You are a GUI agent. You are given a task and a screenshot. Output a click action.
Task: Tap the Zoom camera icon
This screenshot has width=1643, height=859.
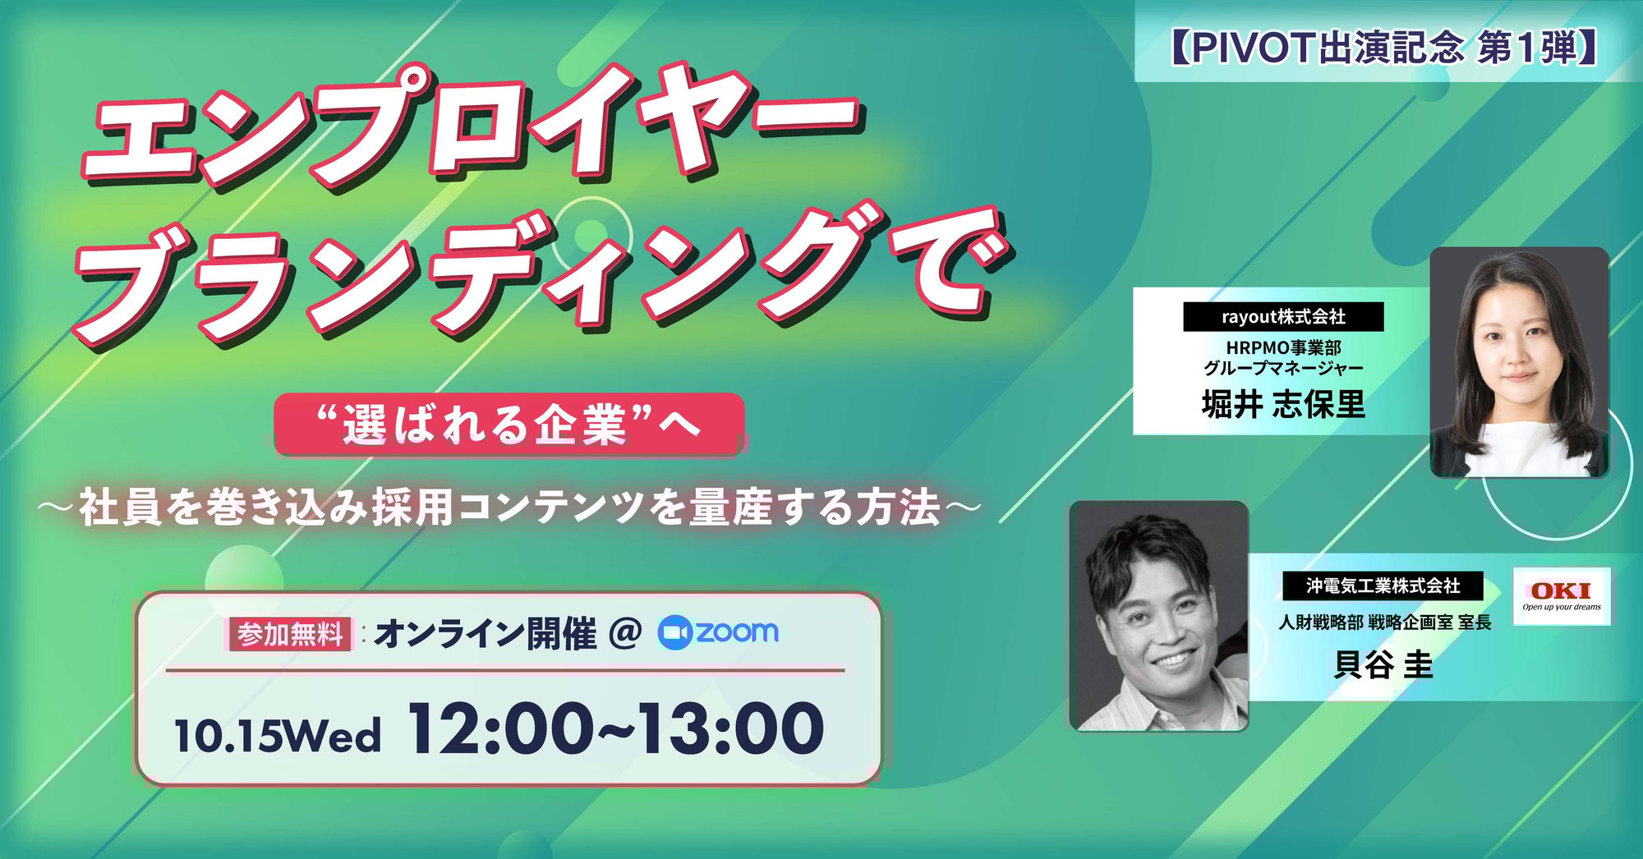click(x=674, y=632)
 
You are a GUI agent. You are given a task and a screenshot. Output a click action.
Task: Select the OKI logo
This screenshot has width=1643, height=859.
click(x=1561, y=595)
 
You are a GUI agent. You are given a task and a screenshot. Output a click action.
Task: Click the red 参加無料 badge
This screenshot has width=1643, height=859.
click(x=290, y=634)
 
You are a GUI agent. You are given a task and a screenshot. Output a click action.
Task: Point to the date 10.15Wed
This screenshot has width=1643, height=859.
click(x=278, y=735)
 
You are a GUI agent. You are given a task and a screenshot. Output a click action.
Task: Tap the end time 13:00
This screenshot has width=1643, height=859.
click(x=731, y=728)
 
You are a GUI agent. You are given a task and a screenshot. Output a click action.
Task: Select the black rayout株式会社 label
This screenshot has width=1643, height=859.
click(x=1283, y=316)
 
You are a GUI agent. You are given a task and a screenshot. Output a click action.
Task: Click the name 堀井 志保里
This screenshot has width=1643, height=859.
click(x=1283, y=404)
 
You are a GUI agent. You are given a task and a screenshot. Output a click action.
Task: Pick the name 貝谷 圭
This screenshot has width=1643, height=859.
click(x=1383, y=664)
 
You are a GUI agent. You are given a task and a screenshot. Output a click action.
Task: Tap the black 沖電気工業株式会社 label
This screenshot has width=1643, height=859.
click(x=1383, y=586)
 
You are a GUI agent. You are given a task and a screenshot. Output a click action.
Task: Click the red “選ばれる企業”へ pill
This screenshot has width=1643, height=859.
click(x=509, y=424)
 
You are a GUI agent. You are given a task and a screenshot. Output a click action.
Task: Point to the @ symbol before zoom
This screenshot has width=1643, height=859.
click(x=625, y=633)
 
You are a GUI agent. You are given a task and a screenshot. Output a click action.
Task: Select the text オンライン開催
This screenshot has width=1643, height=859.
click(x=486, y=634)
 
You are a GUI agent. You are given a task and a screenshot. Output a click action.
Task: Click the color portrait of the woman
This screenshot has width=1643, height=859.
click(x=1519, y=362)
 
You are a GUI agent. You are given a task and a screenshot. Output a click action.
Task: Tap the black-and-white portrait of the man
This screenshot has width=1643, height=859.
click(x=1158, y=616)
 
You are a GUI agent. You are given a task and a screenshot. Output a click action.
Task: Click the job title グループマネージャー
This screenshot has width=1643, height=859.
click(x=1283, y=368)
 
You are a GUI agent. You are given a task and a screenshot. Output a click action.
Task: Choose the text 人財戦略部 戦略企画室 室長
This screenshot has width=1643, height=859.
click(x=1384, y=622)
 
